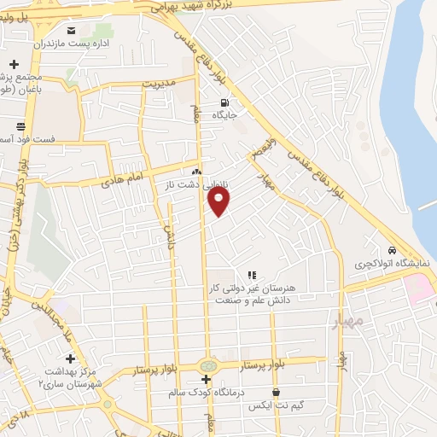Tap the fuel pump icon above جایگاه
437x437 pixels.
[x=224, y=102]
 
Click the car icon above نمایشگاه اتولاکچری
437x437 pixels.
[x=392, y=251]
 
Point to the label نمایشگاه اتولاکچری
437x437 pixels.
[x=392, y=264]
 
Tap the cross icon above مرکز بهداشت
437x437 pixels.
[x=70, y=358]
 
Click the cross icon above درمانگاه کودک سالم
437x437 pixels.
[x=206, y=378]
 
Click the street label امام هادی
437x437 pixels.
[x=121, y=179]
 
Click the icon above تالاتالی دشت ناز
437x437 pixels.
[x=197, y=172]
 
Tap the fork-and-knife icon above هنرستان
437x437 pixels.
[x=252, y=275]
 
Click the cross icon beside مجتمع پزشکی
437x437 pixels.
[x=15, y=65]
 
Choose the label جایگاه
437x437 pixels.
[x=224, y=114]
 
